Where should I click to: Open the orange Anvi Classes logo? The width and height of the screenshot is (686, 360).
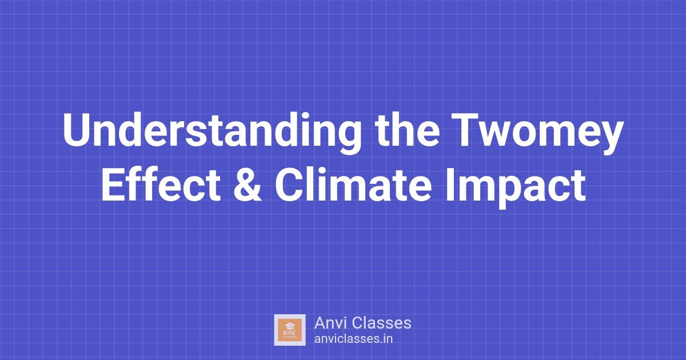pyautogui.click(x=290, y=330)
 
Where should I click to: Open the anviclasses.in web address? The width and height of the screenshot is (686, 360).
pyautogui.click(x=353, y=338)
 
